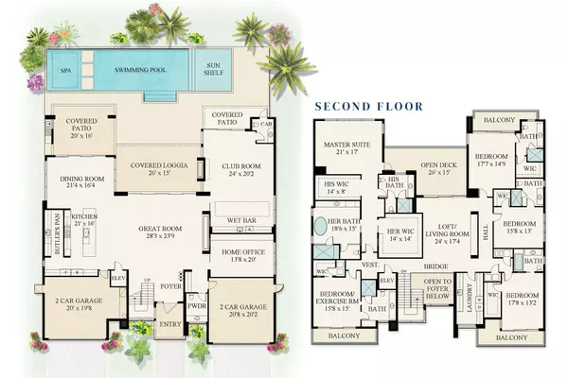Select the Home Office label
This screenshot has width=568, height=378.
click(x=242, y=255)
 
